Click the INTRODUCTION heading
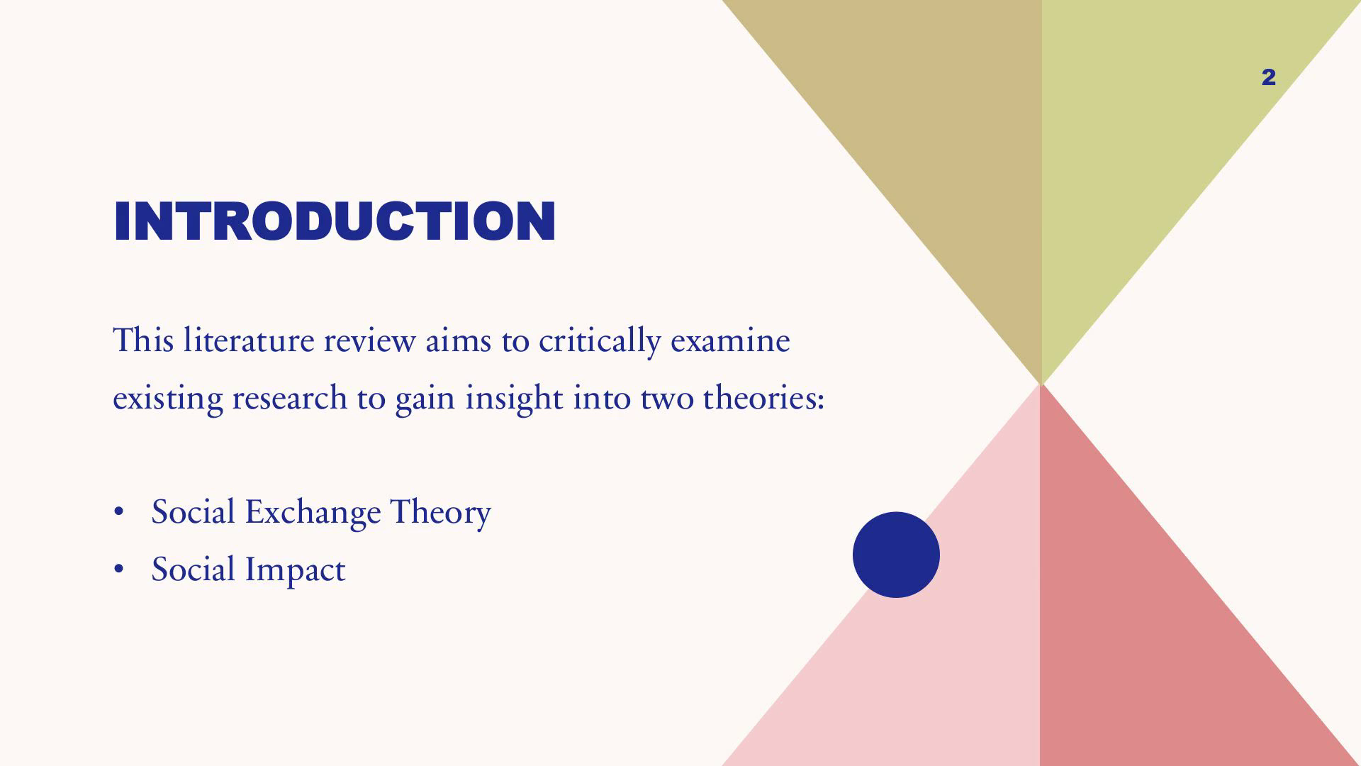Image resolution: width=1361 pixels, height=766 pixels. [335, 221]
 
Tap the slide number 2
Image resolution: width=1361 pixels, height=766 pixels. [1269, 77]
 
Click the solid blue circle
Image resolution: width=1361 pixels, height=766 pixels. [896, 555]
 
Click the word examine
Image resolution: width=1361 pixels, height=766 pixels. [730, 340]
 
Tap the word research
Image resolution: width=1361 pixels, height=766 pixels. [290, 398]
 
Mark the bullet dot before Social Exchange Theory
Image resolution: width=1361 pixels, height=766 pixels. [119, 512]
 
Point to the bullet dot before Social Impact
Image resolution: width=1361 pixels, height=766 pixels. [119, 570]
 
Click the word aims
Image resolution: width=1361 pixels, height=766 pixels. [458, 340]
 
